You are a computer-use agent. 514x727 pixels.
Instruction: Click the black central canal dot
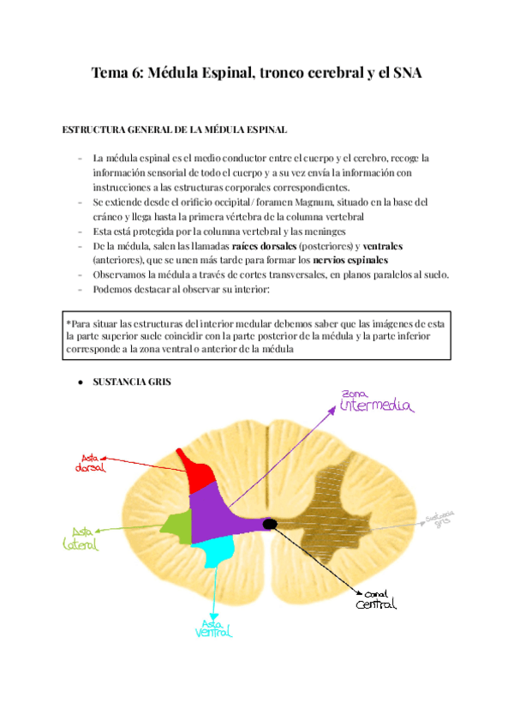coord(270,523)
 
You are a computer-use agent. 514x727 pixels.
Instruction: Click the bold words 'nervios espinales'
coord(350,260)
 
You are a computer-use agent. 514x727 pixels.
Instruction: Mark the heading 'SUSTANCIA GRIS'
coord(132,382)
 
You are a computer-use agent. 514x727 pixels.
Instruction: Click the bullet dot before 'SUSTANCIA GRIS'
coord(80,382)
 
